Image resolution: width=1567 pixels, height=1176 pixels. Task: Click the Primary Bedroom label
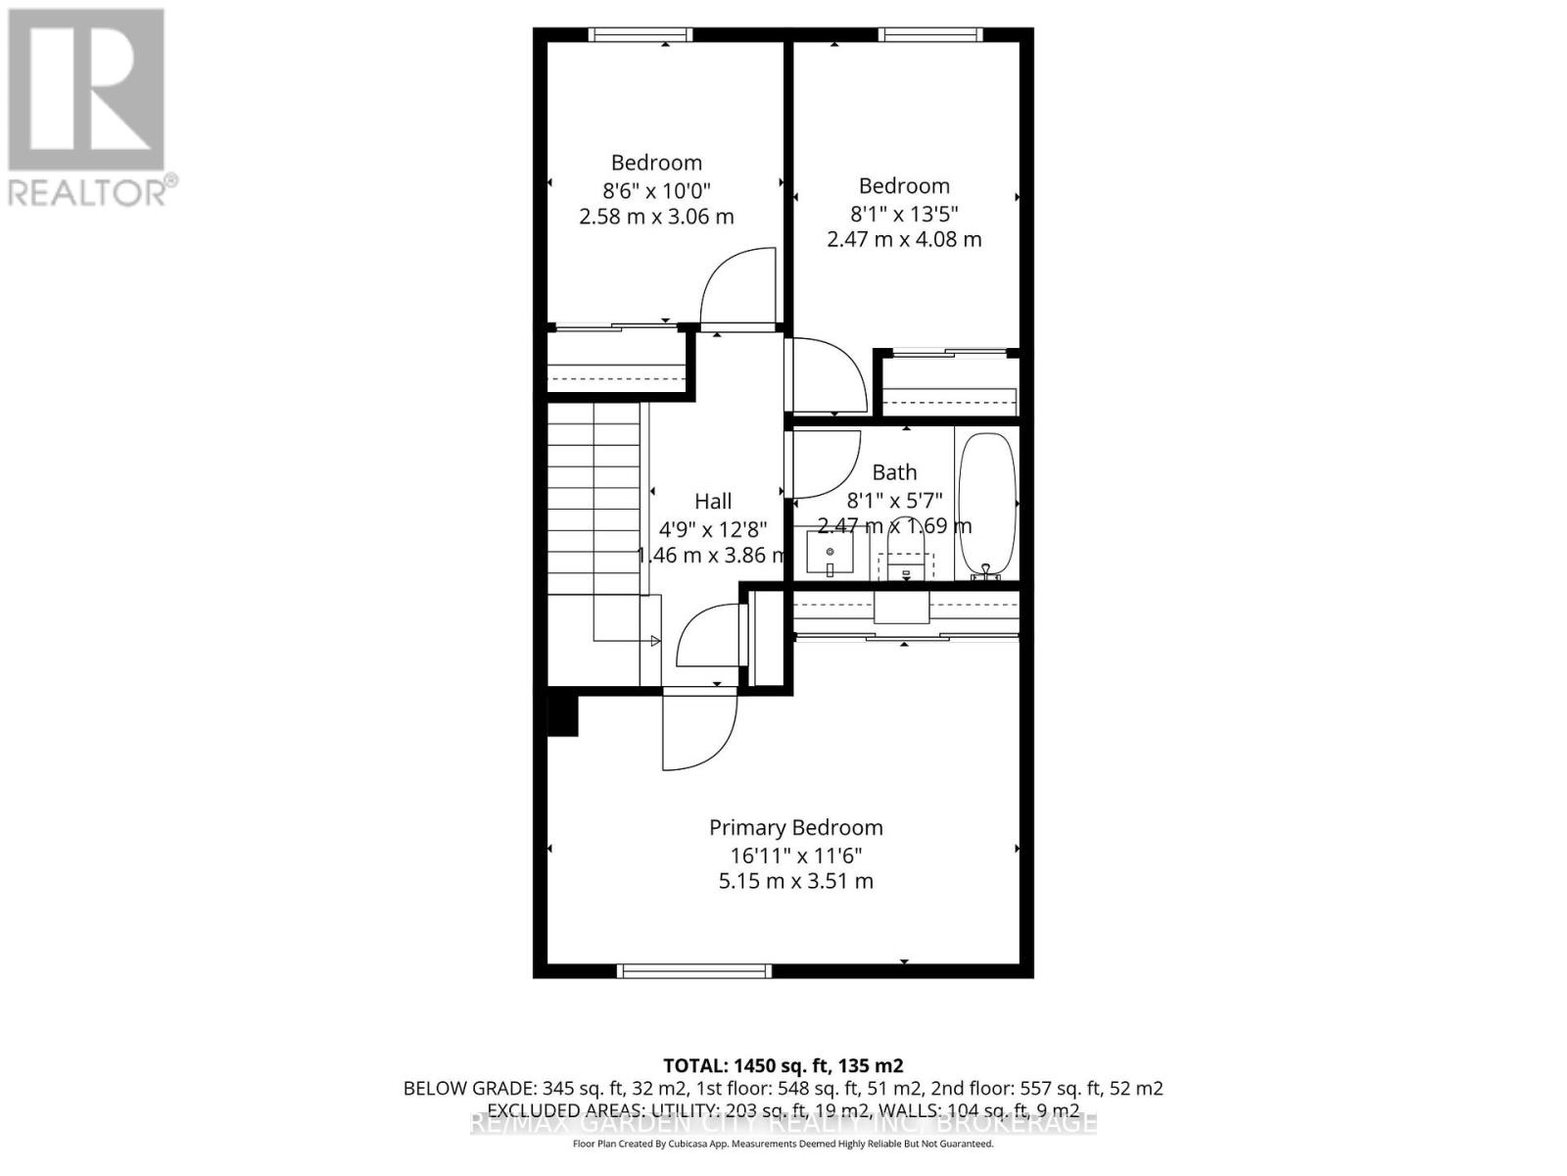[795, 827]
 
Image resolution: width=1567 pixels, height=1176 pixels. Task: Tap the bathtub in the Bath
[986, 504]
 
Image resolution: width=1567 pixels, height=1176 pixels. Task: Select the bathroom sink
[830, 554]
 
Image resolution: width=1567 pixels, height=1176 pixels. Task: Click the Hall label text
[713, 501]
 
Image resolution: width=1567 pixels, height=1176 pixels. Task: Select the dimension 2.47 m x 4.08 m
[903, 239]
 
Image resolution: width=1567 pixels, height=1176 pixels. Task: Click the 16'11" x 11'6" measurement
[795, 855]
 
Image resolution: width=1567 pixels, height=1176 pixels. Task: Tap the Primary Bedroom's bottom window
[694, 970]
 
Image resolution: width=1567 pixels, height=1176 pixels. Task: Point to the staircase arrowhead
[655, 641]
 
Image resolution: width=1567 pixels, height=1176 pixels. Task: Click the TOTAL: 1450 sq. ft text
[783, 1065]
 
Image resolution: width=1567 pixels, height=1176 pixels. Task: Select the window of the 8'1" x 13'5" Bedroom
[930, 35]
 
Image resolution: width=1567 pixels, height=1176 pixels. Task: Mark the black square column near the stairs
[562, 714]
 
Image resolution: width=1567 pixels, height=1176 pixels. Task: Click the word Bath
[893, 472]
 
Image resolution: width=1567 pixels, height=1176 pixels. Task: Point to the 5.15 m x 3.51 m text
[795, 881]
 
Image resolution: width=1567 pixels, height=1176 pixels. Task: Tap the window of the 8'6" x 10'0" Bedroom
[641, 35]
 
